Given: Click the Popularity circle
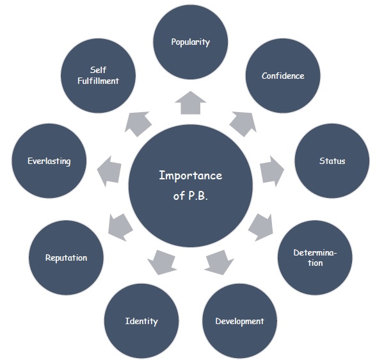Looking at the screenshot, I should (191, 42).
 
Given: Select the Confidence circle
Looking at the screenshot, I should (283, 76).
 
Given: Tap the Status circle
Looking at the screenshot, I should (332, 161).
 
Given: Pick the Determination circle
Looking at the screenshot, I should (314, 258).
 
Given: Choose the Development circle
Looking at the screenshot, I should (239, 320).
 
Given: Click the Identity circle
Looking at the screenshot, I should (141, 320).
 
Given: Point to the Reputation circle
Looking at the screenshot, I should (66, 258).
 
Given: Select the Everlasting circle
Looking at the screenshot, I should (49, 161).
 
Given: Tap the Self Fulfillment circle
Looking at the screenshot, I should (97, 76).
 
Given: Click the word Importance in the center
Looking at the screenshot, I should (190, 176).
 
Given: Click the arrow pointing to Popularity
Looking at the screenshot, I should (191, 102).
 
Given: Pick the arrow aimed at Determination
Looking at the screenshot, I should (260, 224).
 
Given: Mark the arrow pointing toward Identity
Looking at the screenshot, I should (162, 259).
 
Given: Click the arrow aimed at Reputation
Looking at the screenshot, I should (120, 224).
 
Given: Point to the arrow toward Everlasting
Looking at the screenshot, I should (111, 169).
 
